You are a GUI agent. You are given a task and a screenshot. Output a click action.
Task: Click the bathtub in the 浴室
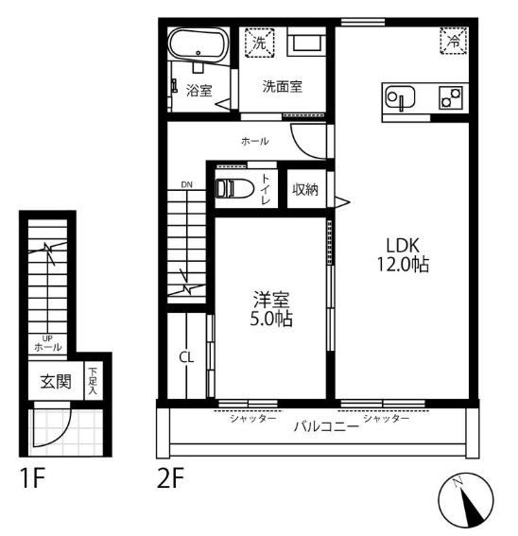pos(199,44)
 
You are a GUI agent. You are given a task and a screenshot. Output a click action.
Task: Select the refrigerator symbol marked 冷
pos(454,42)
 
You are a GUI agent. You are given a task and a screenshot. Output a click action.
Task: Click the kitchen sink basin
pos(400,97)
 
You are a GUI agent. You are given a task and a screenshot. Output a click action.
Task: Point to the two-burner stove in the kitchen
pos(451,97)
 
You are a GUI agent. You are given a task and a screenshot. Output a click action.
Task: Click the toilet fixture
pos(234,188)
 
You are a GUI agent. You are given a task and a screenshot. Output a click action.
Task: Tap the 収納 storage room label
pos(305,189)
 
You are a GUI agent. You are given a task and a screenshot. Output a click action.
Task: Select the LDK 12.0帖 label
pos(403,254)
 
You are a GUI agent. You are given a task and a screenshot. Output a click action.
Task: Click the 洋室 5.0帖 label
pos(271,309)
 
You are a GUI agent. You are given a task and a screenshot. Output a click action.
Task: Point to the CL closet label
pos(186,357)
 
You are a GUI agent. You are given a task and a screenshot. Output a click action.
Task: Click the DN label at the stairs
pos(186,185)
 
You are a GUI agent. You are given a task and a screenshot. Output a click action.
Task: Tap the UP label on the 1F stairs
pos(47,338)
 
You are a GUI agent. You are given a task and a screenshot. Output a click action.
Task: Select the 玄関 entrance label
pos(56,382)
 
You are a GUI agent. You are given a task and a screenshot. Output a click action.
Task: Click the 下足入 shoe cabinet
pos(93,381)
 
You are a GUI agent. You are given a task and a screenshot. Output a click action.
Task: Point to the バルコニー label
pos(326,426)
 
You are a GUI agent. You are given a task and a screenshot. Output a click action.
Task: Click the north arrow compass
pos(466,500)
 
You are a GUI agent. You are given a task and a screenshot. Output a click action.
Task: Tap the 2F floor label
pos(170,478)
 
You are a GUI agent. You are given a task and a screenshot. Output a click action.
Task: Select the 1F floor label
pos(33,478)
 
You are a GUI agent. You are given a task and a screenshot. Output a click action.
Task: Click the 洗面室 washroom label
pos(283,86)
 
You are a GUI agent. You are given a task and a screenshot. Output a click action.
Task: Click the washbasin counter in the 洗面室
pos(306,42)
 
